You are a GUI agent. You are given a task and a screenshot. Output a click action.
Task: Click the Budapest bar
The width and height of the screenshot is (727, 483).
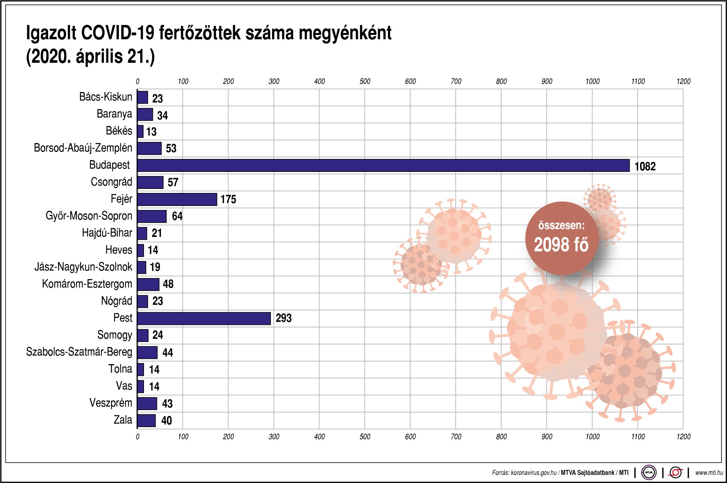pos(383,166)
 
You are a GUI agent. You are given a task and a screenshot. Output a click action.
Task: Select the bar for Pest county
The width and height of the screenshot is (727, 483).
pos(204,319)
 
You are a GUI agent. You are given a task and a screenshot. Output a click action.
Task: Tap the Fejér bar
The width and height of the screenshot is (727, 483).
pos(177,199)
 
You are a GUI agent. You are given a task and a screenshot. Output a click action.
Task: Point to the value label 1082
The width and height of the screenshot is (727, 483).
pos(645,166)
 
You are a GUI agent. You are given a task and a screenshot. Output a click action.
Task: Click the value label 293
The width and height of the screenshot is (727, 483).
pos(284,318)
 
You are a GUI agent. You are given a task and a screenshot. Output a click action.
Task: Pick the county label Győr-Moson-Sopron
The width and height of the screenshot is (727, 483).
pos(89,216)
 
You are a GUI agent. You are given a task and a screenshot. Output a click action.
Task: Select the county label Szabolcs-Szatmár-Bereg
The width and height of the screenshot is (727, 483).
pos(79,352)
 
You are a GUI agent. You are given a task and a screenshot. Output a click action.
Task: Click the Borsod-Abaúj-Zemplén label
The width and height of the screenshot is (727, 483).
pos(83,148)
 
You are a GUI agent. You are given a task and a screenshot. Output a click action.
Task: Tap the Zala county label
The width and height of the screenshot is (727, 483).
pos(123,420)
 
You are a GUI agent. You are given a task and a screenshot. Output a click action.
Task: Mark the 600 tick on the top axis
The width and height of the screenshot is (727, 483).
pos(410,81)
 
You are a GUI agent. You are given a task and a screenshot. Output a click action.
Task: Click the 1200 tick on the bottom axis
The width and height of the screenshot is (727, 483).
pos(683,437)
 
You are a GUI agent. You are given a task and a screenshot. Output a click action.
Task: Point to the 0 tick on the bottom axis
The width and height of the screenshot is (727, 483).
pos(138,437)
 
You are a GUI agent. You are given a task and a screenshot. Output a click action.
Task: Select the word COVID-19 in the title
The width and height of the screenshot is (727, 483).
pos(118,33)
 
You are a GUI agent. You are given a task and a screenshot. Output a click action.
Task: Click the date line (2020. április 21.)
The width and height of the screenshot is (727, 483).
pos(90,57)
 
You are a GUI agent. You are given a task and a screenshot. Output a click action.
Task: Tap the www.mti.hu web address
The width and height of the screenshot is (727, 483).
pos(709,473)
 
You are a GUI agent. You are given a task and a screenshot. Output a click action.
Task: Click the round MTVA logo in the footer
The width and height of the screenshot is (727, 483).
pos(649,473)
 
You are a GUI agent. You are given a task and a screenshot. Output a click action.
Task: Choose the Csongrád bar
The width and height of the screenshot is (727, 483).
pos(150,182)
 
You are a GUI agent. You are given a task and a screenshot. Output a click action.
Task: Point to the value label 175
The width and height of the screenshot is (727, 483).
pos(228,199)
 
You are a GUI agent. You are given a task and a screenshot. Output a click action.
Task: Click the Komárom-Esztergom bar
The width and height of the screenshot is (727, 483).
pos(148,284)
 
